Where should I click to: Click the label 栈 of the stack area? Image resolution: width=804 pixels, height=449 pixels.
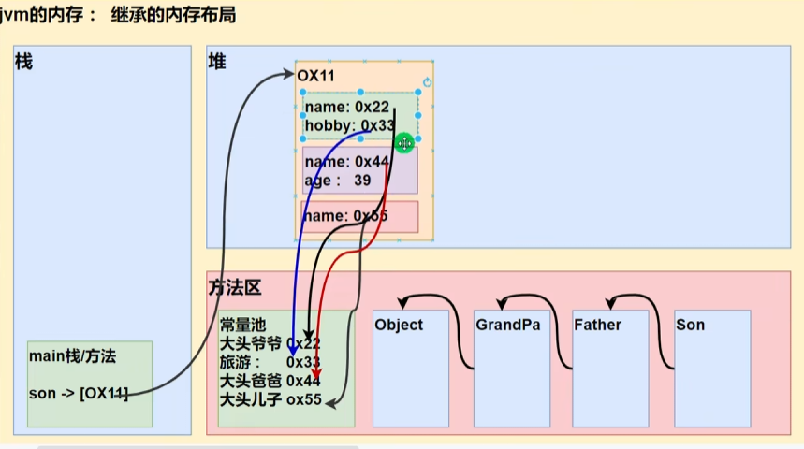click(24, 62)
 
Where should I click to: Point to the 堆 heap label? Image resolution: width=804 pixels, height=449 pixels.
click(217, 62)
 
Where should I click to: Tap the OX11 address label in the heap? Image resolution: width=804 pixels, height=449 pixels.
click(316, 75)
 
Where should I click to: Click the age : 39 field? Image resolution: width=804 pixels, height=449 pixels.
click(338, 181)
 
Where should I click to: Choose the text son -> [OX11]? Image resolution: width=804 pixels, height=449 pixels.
click(79, 394)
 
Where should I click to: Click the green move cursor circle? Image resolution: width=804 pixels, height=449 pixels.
click(404, 143)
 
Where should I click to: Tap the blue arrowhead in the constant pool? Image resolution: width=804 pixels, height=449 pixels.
click(292, 348)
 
